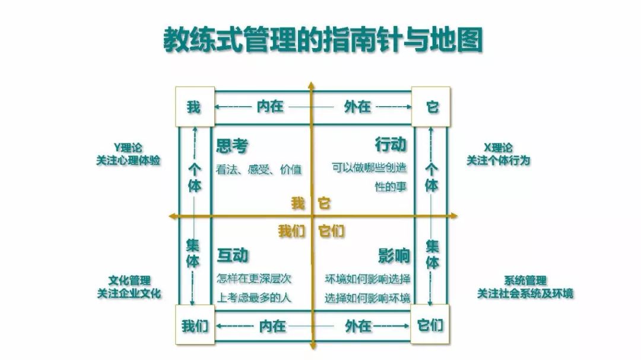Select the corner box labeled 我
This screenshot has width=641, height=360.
point(193,107)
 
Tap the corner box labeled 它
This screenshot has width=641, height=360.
point(431,107)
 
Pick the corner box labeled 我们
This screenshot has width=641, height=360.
point(195,326)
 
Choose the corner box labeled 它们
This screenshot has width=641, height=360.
point(431,326)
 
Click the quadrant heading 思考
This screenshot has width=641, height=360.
point(231,145)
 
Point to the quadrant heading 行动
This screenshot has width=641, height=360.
point(390,145)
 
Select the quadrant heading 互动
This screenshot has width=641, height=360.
point(232,255)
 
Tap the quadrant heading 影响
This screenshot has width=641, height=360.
point(394,255)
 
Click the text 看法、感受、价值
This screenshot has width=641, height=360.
point(259,170)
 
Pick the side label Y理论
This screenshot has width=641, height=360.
point(128,148)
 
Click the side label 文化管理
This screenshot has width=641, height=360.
point(129,281)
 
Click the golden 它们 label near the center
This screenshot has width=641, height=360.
point(331,231)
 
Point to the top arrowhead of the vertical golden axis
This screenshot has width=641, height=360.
point(310,85)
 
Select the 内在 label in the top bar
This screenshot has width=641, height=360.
point(270,107)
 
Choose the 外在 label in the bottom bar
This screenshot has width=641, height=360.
point(358,326)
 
